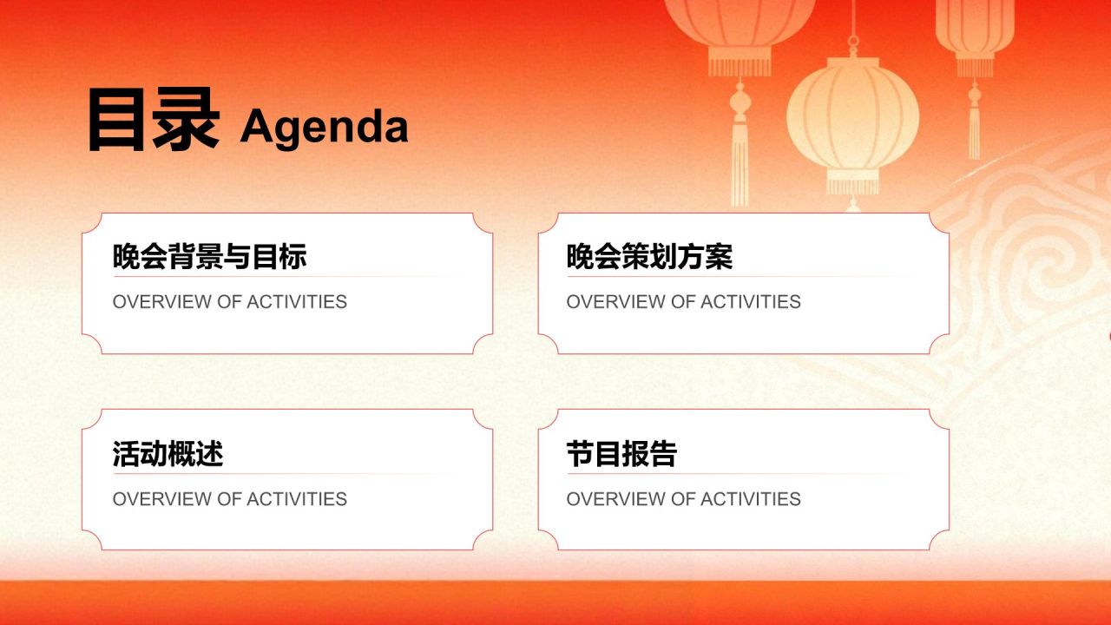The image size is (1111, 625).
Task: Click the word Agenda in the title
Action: point(324,127)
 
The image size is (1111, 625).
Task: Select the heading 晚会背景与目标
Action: point(209,256)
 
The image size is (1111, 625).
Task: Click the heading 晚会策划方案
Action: point(649,256)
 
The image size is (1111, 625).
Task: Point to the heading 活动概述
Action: point(168,453)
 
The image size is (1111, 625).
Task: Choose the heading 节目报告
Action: point(621,453)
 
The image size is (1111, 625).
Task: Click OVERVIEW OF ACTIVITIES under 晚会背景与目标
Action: point(230,301)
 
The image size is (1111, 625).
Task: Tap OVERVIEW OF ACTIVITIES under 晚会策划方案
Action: point(683,301)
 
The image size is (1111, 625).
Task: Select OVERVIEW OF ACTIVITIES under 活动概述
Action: point(230,499)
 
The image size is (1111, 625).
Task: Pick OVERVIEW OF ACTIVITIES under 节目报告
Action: point(683,499)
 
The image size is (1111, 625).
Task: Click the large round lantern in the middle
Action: point(852,118)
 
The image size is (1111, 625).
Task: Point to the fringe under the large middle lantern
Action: point(852,187)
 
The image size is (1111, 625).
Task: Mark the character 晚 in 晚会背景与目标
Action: point(127,256)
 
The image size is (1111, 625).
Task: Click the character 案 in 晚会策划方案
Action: point(720,256)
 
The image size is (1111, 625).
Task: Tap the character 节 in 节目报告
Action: point(581,453)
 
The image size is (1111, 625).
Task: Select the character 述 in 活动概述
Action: point(210,453)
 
